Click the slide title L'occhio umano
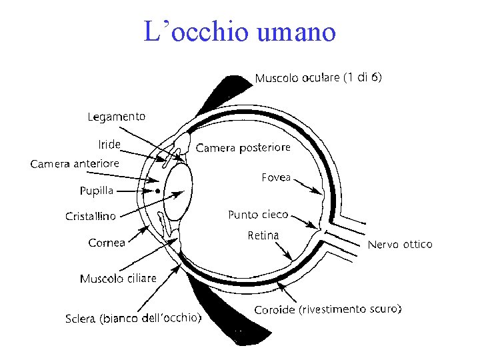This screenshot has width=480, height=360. click(240, 31)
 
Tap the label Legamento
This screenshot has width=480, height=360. click(116, 117)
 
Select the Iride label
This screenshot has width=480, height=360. click(109, 145)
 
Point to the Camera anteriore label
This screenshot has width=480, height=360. click(75, 163)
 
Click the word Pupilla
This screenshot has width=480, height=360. click(97, 191)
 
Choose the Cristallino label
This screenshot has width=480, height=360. click(90, 216)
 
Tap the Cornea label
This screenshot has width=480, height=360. click(107, 243)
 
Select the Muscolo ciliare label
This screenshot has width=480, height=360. click(118, 279)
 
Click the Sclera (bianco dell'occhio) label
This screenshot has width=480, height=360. click(133, 319)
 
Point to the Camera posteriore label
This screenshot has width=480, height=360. click(243, 147)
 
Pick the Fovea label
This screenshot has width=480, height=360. click(276, 177)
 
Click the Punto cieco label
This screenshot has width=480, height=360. click(258, 215)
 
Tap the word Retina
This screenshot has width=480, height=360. click(263, 235)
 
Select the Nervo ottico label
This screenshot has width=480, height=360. click(400, 245)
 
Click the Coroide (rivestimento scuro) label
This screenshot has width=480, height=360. click(328, 310)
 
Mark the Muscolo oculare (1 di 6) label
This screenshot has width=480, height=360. click(318, 78)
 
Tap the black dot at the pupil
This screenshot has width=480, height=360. click(157, 191)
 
